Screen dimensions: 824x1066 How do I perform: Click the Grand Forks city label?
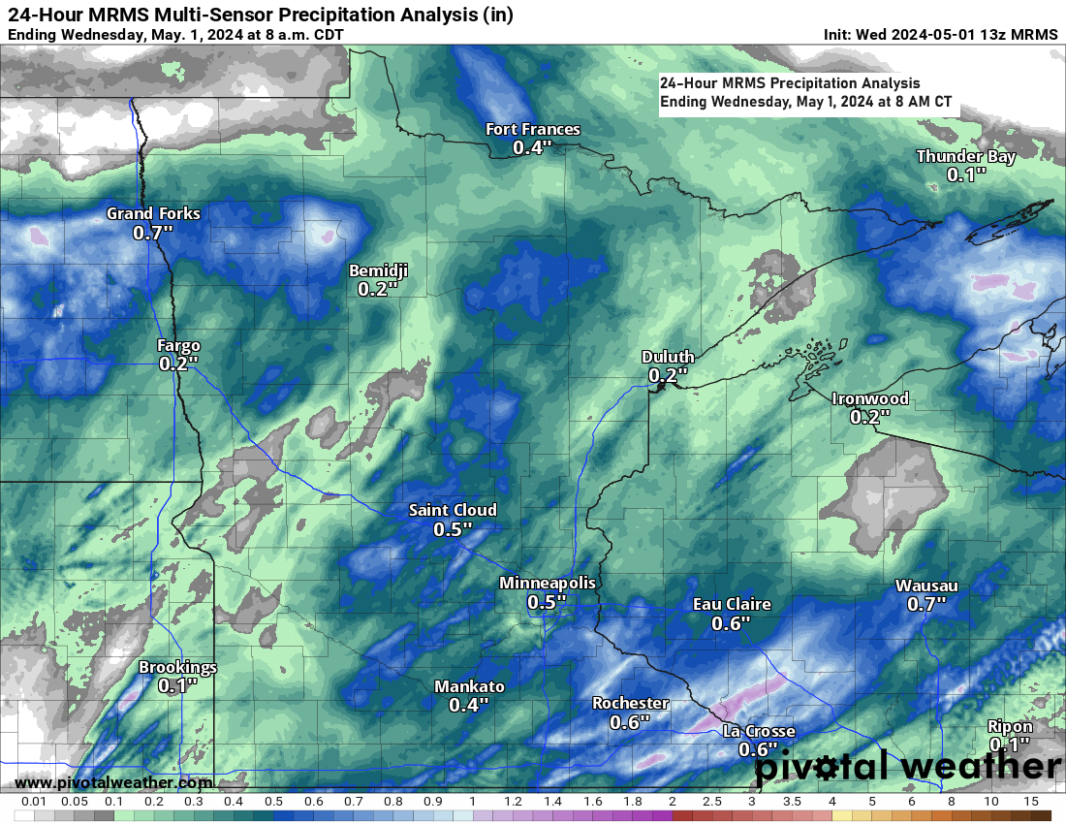[x=153, y=213]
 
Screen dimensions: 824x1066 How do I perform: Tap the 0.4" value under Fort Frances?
[x=532, y=148]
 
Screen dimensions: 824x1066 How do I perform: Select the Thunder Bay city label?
[x=966, y=157]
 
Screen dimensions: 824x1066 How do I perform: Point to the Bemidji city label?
[x=378, y=270]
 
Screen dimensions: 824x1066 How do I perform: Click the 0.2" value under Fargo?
[x=178, y=364]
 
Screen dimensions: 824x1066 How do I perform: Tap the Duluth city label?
[x=668, y=357]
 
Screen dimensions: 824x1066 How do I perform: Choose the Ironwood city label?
[x=870, y=398]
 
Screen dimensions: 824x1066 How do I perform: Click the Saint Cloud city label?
[x=453, y=510]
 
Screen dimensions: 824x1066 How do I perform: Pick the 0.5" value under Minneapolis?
[x=547, y=602]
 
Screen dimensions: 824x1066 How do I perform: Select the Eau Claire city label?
[x=732, y=604]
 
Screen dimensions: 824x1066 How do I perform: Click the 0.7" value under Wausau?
[x=926, y=604]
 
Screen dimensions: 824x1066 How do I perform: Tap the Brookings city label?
[x=177, y=667]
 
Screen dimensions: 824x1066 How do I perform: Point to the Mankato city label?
[x=469, y=686]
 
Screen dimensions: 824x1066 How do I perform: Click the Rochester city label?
[x=630, y=703]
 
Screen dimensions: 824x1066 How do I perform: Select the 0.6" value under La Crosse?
[x=759, y=749]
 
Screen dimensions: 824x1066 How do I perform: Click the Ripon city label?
[x=1010, y=727]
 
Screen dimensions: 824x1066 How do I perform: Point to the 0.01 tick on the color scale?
[x=35, y=802]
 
